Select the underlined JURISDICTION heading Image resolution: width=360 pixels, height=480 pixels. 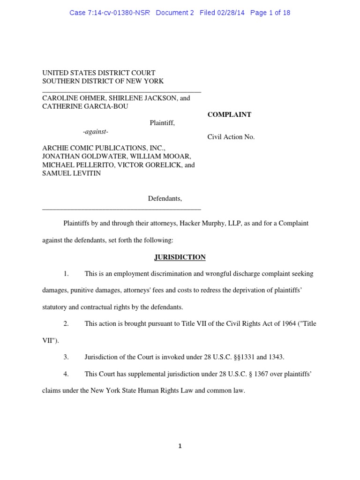(x=180, y=257)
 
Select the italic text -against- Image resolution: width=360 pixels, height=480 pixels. (x=96, y=131)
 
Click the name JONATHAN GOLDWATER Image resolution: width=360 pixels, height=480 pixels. (x=78, y=156)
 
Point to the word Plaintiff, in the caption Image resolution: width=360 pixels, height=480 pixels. (x=162, y=123)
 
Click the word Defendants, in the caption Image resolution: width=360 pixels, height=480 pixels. (x=165, y=198)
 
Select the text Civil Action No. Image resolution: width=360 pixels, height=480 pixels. (x=231, y=137)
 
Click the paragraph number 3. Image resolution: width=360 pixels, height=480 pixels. (x=67, y=357)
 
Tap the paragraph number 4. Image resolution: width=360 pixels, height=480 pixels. (x=67, y=374)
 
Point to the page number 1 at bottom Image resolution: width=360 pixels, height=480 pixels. (x=180, y=446)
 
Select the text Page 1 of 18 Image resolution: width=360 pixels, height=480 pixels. (x=270, y=13)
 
